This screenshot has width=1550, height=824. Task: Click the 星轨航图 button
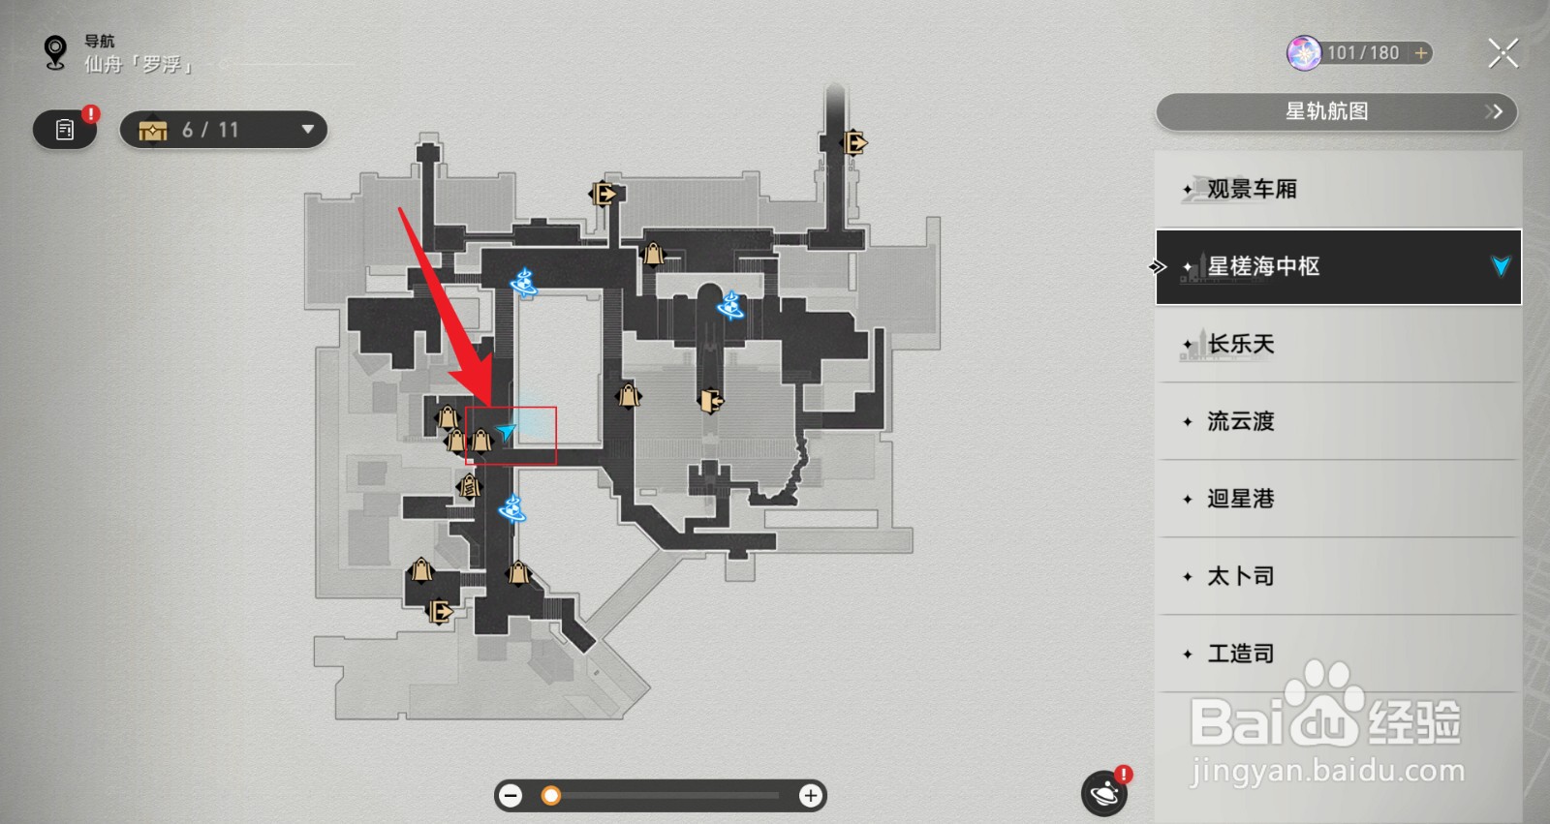coord(1336,111)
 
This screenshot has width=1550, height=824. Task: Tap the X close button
coord(1503,52)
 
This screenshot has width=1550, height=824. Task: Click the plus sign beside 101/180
coord(1421,53)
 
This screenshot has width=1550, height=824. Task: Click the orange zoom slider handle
coord(551,796)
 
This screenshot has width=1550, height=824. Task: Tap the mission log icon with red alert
coord(65,130)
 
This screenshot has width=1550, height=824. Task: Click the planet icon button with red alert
coord(1104,794)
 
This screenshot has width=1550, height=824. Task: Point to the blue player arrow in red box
coord(506,432)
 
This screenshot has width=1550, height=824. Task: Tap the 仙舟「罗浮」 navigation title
coord(139,65)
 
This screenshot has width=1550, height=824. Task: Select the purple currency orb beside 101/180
coord(1304,53)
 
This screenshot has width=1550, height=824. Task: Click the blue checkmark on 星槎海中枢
coord(1501,266)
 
